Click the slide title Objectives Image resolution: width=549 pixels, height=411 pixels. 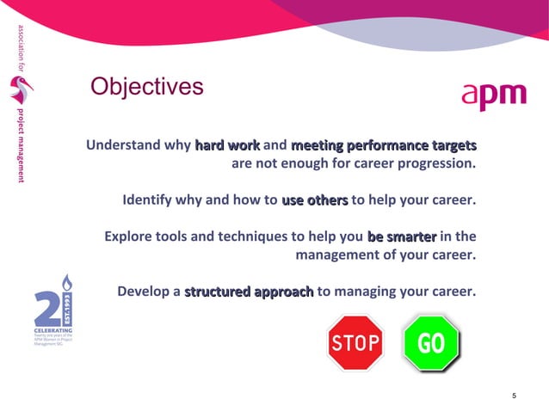(147, 87)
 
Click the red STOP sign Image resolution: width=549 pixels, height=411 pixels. (355, 343)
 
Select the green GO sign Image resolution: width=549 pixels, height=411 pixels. (431, 343)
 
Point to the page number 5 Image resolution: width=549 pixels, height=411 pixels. (514, 396)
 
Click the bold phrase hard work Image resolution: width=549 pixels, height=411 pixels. (227, 145)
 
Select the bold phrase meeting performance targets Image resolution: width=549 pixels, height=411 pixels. (384, 145)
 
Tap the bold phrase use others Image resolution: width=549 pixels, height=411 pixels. (314, 201)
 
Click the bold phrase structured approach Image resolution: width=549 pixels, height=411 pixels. (249, 291)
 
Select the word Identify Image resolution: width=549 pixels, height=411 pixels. (150, 201)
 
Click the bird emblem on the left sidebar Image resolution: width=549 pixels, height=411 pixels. (18, 90)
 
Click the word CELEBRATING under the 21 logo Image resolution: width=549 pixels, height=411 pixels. (52, 330)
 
